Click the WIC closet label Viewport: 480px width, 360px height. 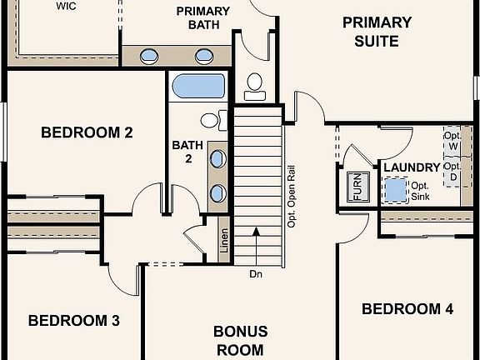(x=66, y=6)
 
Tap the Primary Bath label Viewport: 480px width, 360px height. (x=203, y=17)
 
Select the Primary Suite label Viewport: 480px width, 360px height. (x=377, y=32)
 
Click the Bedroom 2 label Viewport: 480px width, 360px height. (x=87, y=132)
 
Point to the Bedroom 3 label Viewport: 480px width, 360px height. (x=74, y=321)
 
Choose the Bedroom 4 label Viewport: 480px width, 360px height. (x=407, y=308)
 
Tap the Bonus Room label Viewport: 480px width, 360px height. (x=241, y=340)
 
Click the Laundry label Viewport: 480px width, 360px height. (x=412, y=167)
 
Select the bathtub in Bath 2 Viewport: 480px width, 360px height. (x=198, y=86)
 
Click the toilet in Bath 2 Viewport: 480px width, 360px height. (x=213, y=120)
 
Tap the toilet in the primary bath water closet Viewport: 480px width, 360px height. (x=255, y=87)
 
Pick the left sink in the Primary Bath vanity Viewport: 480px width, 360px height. (x=149, y=57)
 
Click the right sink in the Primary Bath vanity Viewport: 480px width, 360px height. (x=204, y=57)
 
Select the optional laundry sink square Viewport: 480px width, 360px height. (x=395, y=190)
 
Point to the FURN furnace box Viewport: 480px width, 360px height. (x=357, y=187)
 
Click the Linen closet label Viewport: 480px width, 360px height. (x=224, y=241)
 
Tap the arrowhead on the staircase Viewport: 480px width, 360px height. (x=256, y=232)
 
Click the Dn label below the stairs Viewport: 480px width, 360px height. (x=256, y=274)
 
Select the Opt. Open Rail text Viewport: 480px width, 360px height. (x=292, y=197)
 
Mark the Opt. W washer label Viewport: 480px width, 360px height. (x=452, y=141)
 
